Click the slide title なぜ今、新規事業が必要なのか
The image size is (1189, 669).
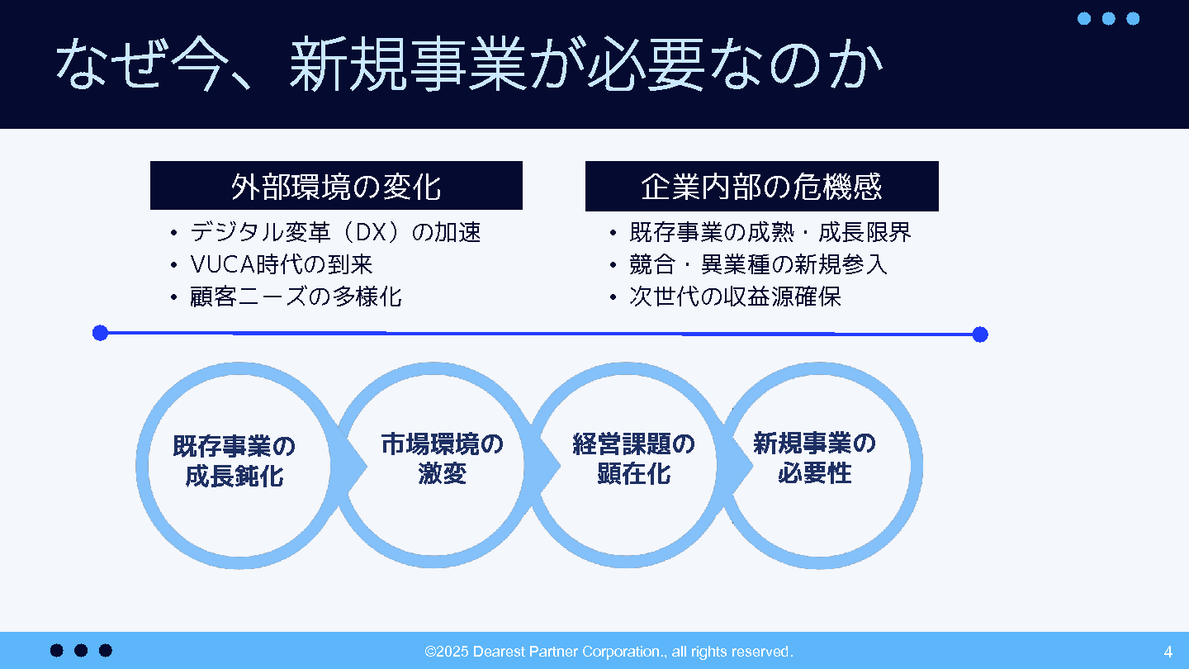[x=469, y=64]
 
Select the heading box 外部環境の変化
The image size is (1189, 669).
[x=336, y=185]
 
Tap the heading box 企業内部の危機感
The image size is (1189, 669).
[x=761, y=186]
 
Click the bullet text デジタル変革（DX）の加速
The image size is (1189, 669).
[x=335, y=232]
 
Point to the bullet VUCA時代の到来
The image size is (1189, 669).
[x=282, y=264]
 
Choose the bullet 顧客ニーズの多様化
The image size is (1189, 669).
[x=296, y=297]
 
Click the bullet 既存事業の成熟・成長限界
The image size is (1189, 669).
[x=770, y=232]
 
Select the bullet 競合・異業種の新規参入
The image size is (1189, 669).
[x=758, y=264]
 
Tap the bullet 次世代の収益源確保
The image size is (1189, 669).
[x=735, y=297]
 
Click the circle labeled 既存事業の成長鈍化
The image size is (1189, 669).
[x=143, y=466]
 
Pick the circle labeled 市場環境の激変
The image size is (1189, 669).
[x=433, y=369]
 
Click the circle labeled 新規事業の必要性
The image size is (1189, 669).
[x=917, y=466]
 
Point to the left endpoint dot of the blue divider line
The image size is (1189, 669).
[x=101, y=333]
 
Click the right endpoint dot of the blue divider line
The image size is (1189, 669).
[x=980, y=334]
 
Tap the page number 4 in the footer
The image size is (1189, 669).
[x=1168, y=652]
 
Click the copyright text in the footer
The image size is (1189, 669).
[x=609, y=652]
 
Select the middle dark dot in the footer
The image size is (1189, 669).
[x=81, y=651]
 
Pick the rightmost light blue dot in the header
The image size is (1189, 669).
[x=1133, y=18]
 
